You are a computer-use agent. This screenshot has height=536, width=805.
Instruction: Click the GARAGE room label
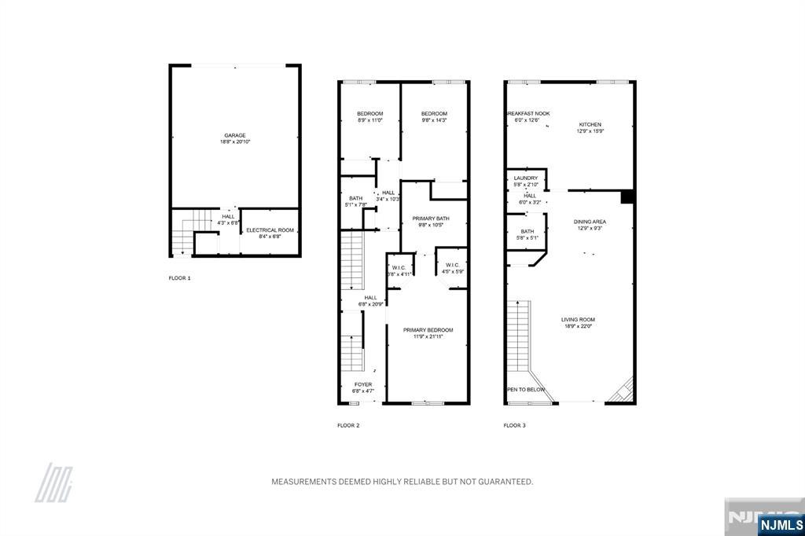[x=235, y=135]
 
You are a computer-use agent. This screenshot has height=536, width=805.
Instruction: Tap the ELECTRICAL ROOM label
[x=270, y=230]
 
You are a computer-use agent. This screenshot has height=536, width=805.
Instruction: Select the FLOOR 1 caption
[x=179, y=278]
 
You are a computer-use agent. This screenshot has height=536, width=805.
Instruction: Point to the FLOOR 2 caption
[x=348, y=425]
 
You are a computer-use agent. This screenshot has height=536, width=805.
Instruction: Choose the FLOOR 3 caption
[x=514, y=425]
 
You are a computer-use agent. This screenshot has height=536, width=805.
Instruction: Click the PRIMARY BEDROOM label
[x=428, y=330]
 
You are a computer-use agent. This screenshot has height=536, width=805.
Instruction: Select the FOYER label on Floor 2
[x=362, y=384]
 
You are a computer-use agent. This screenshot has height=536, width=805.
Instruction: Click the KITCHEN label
[x=590, y=125]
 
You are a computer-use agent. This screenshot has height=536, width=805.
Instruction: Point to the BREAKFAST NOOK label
[x=527, y=114]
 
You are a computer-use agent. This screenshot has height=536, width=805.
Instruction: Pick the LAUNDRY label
[x=525, y=178]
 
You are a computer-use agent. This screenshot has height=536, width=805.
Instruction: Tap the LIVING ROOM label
[x=578, y=319]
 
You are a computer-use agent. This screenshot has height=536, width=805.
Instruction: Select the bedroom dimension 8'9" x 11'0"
[x=369, y=120]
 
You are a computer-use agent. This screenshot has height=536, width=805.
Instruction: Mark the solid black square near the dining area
[x=627, y=196]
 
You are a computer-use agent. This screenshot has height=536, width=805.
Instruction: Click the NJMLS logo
[x=781, y=524]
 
